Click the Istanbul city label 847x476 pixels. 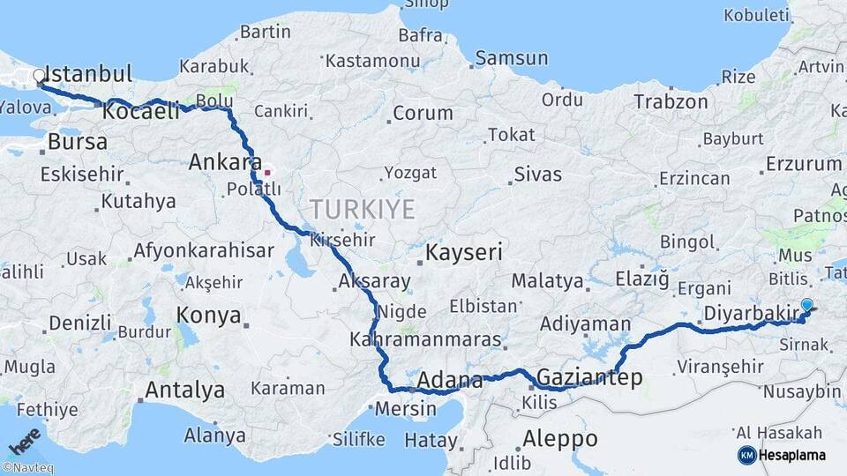tap(87, 73)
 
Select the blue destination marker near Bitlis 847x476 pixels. tap(806, 306)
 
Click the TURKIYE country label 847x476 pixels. tap(362, 209)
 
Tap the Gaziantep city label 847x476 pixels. tap(589, 377)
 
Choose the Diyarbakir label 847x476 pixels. tap(751, 313)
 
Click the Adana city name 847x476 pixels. tap(450, 381)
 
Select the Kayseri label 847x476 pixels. tap(464, 253)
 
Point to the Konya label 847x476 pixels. tap(208, 315)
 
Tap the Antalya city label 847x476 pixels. tap(184, 389)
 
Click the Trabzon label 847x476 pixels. tap(671, 102)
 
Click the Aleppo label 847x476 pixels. tap(559, 438)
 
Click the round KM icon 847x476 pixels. tap(746, 455)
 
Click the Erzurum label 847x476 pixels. tap(804, 164)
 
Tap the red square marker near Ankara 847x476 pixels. tap(267, 172)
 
